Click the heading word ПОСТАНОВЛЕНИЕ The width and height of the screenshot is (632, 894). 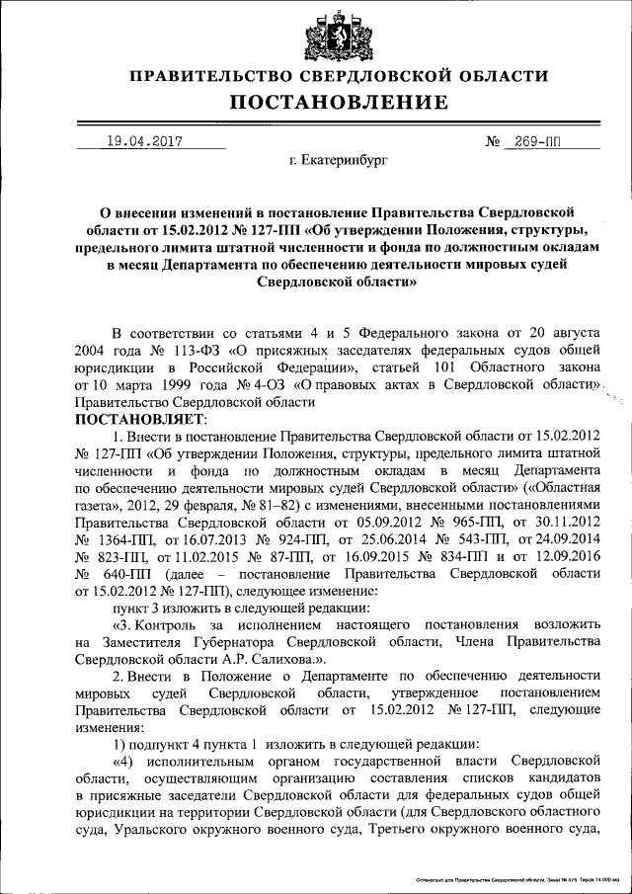pos(340,103)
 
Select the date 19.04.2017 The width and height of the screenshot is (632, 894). pos(144,141)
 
